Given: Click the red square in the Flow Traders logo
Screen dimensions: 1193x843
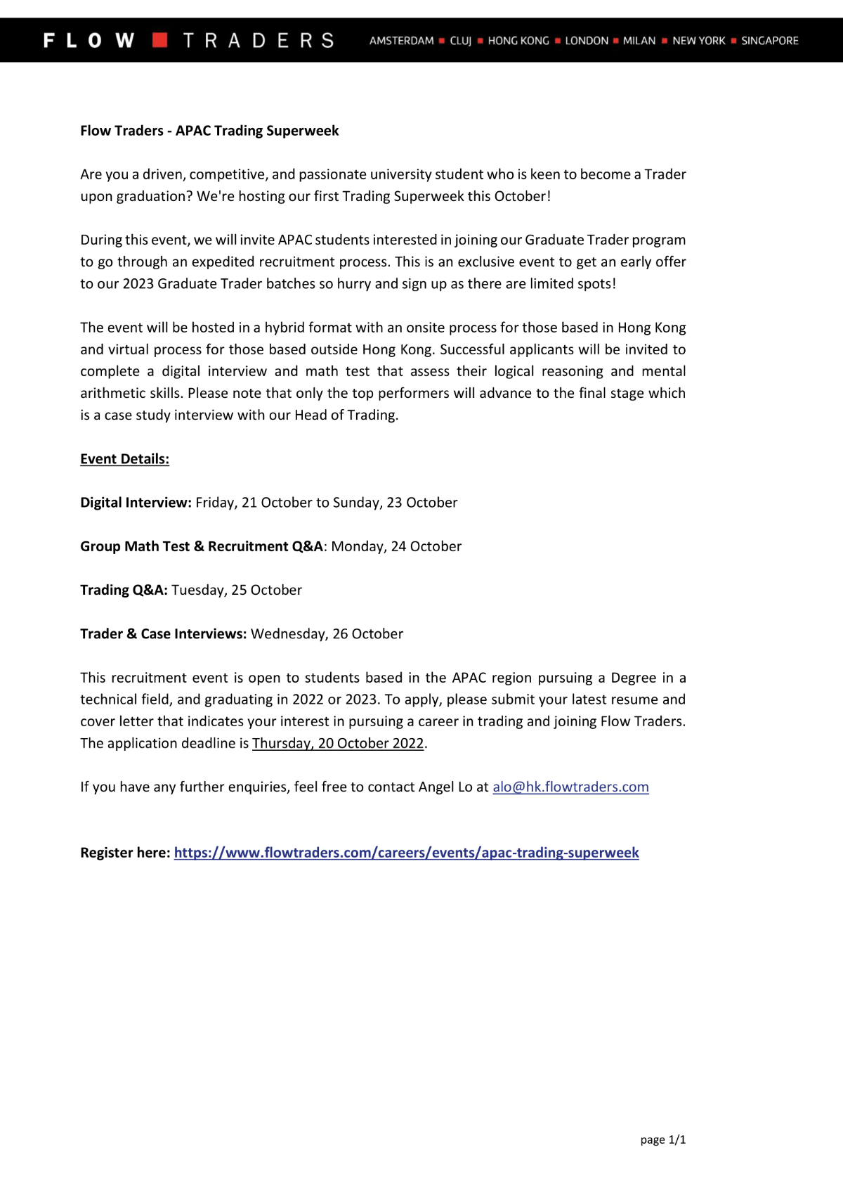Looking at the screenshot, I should point(160,40).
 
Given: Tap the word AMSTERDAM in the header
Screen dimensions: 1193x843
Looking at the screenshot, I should point(401,41).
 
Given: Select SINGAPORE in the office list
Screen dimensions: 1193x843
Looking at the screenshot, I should point(770,41).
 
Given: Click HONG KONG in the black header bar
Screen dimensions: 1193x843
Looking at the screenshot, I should point(518,41).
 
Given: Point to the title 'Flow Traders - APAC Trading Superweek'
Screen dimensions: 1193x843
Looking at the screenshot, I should point(209,131).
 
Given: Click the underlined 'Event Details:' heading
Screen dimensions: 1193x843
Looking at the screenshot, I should point(124,459).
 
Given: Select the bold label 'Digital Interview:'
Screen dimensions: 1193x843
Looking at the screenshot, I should point(136,503).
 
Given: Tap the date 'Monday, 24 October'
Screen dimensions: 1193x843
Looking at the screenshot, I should point(396,546).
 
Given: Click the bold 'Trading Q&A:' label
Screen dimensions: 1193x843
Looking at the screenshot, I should point(124,590).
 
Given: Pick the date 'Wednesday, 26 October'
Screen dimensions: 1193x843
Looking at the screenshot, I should point(327,634).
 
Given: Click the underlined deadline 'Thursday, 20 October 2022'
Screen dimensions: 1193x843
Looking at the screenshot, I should point(338,743).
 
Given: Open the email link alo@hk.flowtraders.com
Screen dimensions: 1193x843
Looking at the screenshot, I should point(570,787).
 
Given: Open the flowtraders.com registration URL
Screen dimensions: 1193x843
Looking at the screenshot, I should point(406,853).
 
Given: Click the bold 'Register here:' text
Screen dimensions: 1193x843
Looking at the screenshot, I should point(125,853).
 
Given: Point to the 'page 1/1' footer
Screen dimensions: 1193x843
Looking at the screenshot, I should point(662,1140).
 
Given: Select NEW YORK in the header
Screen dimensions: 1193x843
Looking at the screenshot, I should point(698,41).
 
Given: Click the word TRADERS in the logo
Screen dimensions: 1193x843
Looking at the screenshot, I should point(259,41).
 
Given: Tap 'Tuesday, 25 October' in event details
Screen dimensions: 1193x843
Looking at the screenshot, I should point(237,590).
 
